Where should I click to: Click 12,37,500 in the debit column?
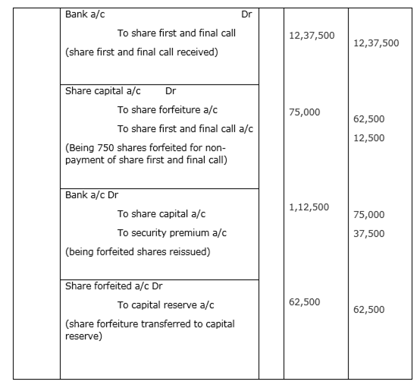pos(312,36)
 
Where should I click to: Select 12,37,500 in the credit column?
pos(376,43)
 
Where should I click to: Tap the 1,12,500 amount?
pos(309,207)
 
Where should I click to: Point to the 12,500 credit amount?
pos(369,138)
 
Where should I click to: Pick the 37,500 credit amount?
pos(369,234)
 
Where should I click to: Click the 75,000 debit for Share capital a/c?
pos(304,112)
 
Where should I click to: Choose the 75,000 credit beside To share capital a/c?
pos(369,215)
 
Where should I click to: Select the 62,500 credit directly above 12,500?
pos(369,119)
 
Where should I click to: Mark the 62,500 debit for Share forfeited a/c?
pos(304,302)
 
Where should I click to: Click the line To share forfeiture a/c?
pos(168,110)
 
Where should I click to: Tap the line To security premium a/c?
pos(172,233)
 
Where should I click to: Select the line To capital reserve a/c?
pos(165,305)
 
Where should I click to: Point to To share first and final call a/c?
pos(185,129)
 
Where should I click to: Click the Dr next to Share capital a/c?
pos(171,91)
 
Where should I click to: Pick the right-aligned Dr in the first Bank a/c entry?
pos(246,14)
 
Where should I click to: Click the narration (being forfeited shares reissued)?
pos(138,252)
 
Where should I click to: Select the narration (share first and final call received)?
pos(142,52)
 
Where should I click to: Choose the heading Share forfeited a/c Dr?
pos(114,286)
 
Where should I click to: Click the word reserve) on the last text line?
pos(83,336)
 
